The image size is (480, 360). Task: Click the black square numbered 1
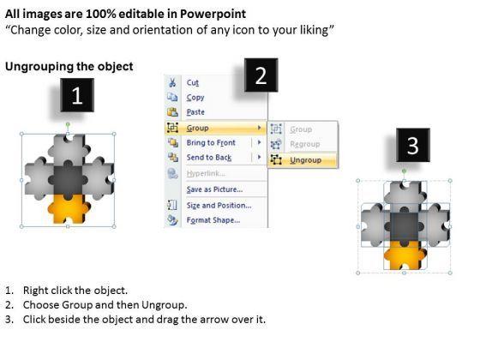point(77,95)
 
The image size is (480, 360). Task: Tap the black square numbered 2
point(261,75)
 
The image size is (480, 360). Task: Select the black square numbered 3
point(413,145)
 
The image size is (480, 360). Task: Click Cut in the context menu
point(193,82)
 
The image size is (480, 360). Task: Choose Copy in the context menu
point(195,98)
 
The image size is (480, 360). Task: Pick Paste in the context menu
point(195,112)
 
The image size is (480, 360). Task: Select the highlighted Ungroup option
point(305,159)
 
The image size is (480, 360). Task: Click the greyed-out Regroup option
point(305,144)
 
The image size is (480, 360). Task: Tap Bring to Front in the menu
point(211,142)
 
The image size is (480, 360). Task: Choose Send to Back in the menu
point(209,158)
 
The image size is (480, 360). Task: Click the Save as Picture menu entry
point(214,189)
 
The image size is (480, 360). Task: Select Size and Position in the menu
point(219,206)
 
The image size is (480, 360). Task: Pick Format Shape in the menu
point(213,220)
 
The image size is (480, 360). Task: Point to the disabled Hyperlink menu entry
point(206,173)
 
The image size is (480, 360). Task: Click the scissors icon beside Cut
point(172,82)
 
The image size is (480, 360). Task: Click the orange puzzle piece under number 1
point(69,210)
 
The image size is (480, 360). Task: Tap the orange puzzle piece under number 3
point(405,256)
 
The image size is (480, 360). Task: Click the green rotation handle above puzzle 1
point(68,124)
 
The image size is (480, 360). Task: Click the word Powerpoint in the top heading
point(213,14)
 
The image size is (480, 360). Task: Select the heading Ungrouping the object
point(69,67)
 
